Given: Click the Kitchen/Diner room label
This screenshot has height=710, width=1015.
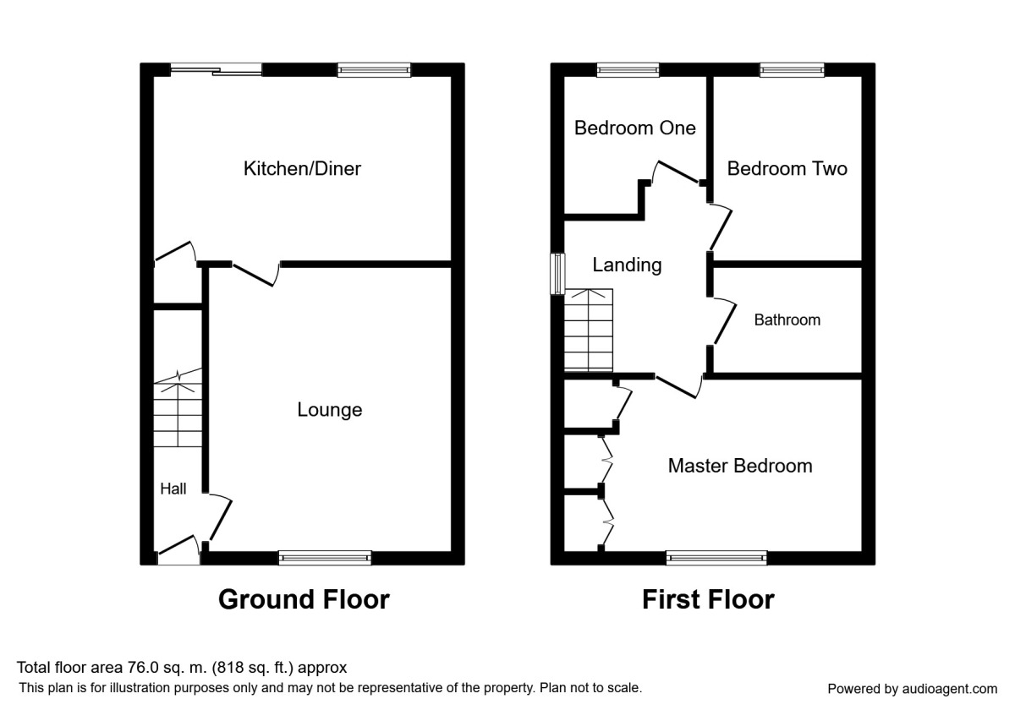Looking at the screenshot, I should point(302,169).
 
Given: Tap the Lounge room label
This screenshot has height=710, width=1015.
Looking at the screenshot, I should point(329,410).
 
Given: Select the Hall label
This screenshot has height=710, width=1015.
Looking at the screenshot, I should point(173,489).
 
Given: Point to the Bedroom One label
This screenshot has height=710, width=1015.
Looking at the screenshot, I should point(634,128).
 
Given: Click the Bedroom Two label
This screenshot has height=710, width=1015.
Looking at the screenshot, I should point(787,169).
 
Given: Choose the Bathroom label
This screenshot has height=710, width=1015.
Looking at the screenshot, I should point(787,320).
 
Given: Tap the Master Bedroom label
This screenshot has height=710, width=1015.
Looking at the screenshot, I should point(739,466).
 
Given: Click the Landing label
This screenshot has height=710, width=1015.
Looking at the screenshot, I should point(626,265).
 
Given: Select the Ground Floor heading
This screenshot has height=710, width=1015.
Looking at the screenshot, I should point(304,599).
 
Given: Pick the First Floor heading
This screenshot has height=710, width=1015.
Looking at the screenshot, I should point(708,599).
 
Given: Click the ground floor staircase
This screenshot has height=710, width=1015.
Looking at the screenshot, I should point(178,414).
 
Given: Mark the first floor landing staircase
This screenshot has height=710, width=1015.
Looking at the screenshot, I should point(588,330).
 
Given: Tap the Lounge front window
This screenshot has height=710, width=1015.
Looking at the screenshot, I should point(325,557).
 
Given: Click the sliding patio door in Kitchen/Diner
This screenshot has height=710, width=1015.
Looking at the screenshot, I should point(216,71).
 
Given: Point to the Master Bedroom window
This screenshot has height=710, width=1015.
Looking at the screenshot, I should point(716,557).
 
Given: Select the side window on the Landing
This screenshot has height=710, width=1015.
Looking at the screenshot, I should point(557,274).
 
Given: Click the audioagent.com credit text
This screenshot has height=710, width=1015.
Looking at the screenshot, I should point(912,689).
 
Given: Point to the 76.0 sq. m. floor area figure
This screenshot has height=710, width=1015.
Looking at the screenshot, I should point(182,668).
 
